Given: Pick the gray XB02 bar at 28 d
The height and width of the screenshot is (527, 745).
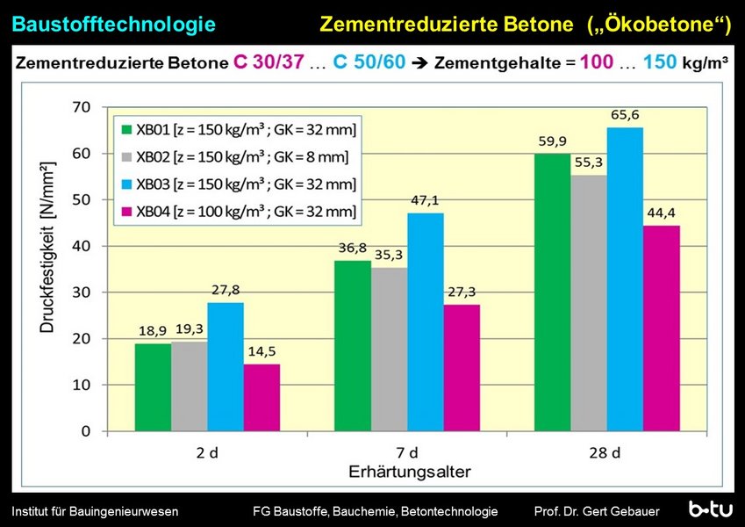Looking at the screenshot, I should click(588, 303).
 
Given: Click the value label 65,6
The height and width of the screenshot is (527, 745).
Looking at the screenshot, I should click(624, 115).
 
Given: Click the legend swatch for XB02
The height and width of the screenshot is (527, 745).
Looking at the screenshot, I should click(125, 157).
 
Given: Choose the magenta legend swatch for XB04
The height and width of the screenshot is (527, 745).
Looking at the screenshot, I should click(125, 212).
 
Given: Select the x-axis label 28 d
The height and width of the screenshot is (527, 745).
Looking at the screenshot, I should click(605, 454).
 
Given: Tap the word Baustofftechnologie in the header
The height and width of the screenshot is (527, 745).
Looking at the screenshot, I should click(114, 25).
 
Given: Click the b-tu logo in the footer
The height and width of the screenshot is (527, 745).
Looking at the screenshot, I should click(710, 509).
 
